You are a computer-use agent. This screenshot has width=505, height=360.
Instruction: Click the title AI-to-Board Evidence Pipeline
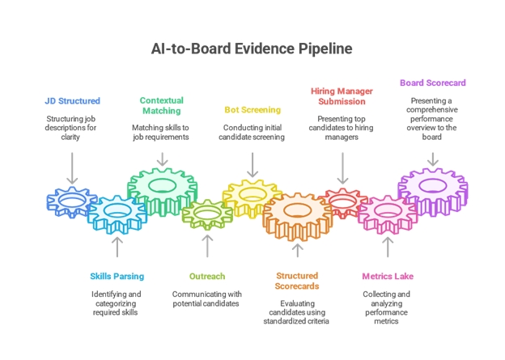pos(252,49)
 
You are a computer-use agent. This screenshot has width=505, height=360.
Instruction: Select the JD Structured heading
pos(73,101)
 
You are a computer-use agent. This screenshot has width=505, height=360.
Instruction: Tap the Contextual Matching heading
pos(161,106)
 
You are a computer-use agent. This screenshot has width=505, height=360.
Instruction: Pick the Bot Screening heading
pos(252,109)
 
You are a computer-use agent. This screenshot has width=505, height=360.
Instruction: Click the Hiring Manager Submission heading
pos(342,96)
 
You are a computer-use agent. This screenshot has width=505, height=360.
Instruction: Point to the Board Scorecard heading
pos(432,83)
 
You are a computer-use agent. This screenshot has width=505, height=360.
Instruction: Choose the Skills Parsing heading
pos(117,277)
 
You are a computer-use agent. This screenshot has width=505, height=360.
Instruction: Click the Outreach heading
pos(207,277)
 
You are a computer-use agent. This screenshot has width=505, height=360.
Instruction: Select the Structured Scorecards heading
pos(297,281)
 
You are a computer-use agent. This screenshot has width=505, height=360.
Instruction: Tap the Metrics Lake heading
pos(388,277)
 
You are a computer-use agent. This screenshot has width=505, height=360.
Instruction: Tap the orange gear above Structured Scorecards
pos(297,215)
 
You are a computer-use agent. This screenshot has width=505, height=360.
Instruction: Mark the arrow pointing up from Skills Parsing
pos(117,247)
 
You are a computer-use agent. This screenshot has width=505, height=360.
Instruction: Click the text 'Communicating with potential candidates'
pos(207,299)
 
